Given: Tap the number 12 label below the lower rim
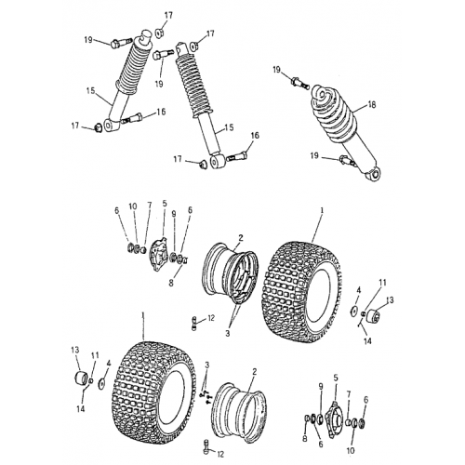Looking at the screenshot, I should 219,454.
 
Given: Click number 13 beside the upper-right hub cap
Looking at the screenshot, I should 391,300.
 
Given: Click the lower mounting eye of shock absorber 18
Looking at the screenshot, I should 372,174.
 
